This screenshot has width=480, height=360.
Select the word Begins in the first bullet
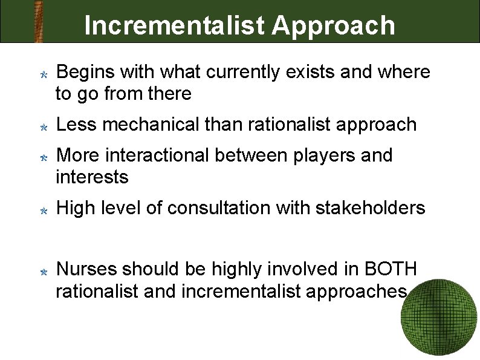85,73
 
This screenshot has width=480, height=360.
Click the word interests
92,177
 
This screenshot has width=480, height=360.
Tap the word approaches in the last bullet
355,292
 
